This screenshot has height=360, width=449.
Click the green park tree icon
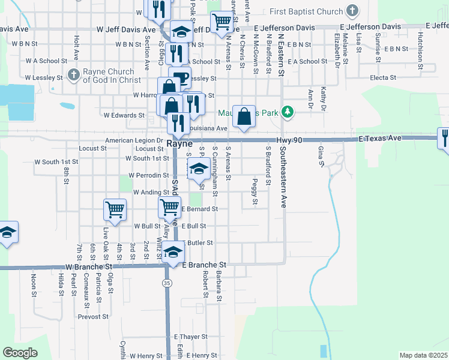pyautogui.click(x=288, y=112)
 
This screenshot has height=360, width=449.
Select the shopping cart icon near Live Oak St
pyautogui.click(x=115, y=210)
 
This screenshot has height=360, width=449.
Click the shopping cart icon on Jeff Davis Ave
pyautogui.click(x=223, y=22)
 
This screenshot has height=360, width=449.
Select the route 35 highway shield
pyautogui.click(x=167, y=282)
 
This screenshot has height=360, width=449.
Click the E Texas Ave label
pyautogui.click(x=379, y=138)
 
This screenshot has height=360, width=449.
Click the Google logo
pyautogui.click(x=20, y=353)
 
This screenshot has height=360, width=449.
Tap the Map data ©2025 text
pyautogui.click(x=423, y=355)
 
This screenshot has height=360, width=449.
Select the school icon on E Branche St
pyautogui.click(x=173, y=252)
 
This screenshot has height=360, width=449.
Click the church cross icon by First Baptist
pyautogui.click(x=352, y=11)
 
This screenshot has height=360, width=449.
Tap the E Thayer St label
pyautogui.click(x=190, y=337)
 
